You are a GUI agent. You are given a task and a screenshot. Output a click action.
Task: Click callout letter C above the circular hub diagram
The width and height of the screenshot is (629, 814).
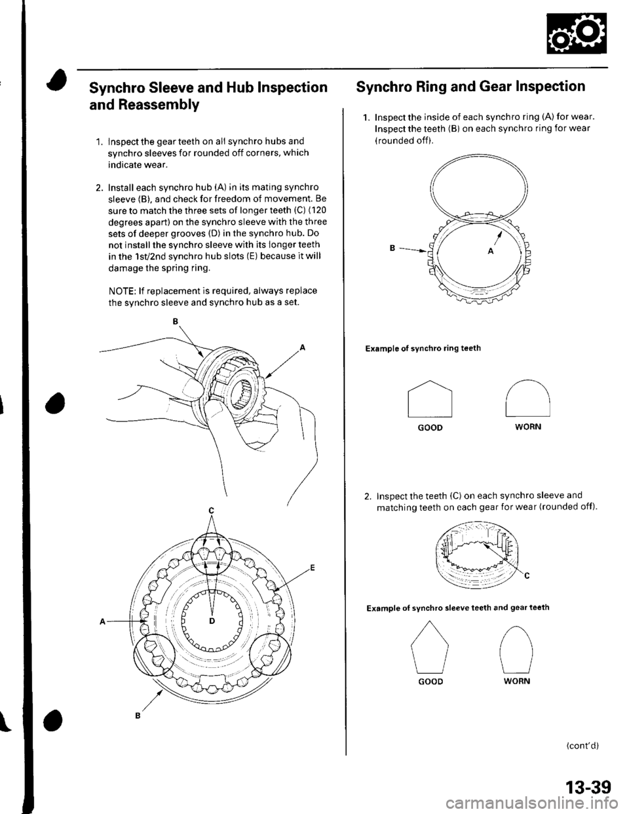coord(212,510)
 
